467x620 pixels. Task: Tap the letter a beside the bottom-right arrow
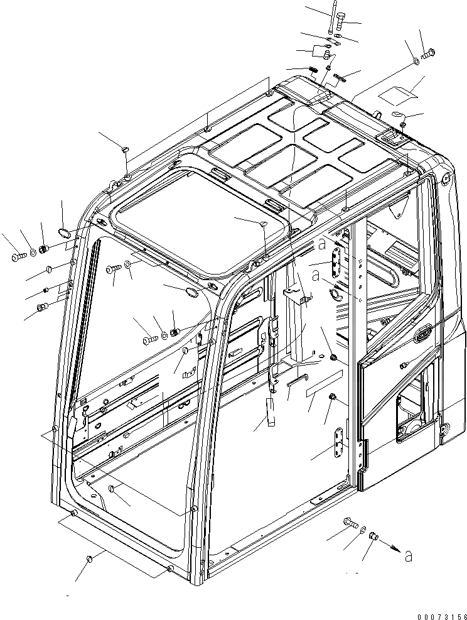pyautogui.click(x=409, y=555)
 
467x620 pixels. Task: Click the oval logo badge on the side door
pyautogui.click(x=422, y=334)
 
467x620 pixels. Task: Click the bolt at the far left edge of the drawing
pyautogui.click(x=16, y=256)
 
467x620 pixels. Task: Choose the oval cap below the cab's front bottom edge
pyautogui.click(x=89, y=557)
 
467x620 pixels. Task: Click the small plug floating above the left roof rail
pyautogui.click(x=124, y=148)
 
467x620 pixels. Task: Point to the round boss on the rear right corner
pyautogui.click(x=446, y=178)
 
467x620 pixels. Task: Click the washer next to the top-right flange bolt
pyautogui.click(x=417, y=62)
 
